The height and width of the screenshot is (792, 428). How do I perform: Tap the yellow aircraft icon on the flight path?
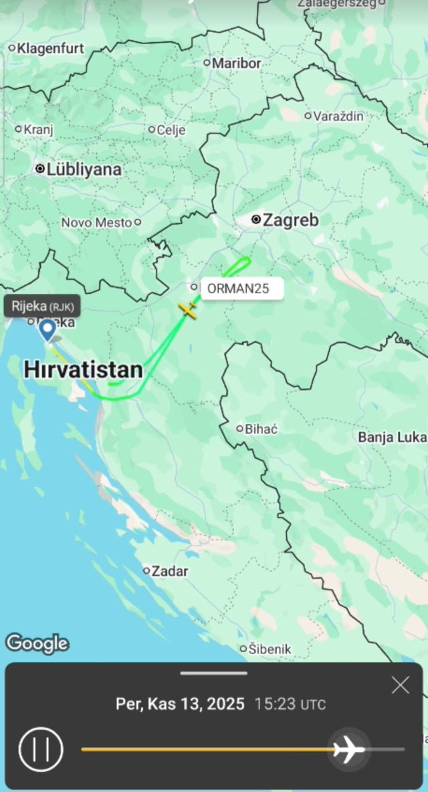pos(189,310)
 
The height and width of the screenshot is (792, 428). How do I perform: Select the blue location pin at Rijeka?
pos(47,329)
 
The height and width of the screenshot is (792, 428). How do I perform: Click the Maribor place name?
pos(236,63)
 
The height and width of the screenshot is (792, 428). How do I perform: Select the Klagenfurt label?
pos(50,48)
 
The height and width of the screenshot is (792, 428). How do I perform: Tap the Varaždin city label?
pos(339,116)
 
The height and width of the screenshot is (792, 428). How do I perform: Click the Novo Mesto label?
pos(96,222)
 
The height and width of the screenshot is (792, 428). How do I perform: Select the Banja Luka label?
pos(392,437)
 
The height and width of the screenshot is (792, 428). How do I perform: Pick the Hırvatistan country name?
pos(83,370)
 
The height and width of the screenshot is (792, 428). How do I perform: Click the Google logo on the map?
pos(37,643)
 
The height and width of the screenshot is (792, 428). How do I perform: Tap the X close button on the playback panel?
pos(400,685)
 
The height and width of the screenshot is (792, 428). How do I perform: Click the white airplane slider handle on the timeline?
pos(349,749)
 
